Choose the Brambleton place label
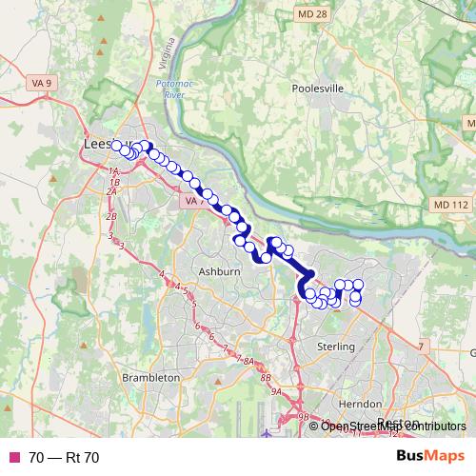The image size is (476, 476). point(151,377)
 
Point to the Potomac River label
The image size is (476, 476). point(171,90)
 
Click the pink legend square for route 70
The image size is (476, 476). point(13,457)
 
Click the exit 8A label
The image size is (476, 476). point(249,362)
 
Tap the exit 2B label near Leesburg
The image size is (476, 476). point(111,216)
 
